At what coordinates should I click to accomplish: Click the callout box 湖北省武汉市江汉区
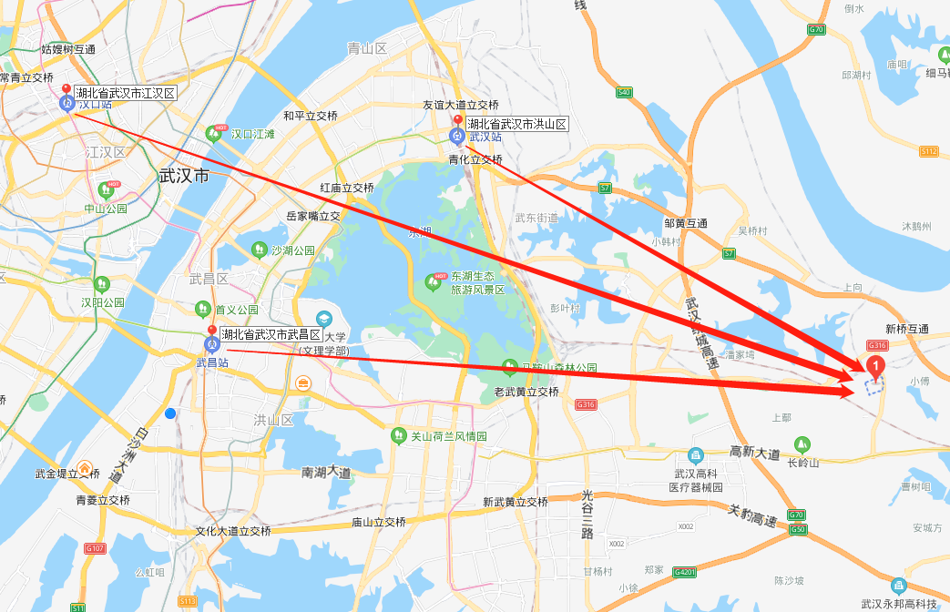(x=125, y=93)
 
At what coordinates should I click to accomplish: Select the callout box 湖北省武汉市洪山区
(x=516, y=124)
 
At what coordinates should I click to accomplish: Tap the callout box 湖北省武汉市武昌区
(x=271, y=334)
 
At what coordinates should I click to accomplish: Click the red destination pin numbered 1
(x=875, y=368)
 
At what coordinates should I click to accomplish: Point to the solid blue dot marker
(x=170, y=413)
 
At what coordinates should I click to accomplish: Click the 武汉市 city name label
(x=184, y=175)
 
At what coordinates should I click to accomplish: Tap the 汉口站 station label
(x=95, y=105)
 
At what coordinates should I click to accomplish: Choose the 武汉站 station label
(x=485, y=137)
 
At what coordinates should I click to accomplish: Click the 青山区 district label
(x=367, y=47)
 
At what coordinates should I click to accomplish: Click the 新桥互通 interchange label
(x=906, y=329)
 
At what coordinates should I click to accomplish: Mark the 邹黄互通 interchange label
(x=686, y=223)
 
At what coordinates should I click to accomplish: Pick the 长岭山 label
(x=803, y=462)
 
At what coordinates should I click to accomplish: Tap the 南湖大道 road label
(x=326, y=473)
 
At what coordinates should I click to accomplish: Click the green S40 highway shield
(x=624, y=92)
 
